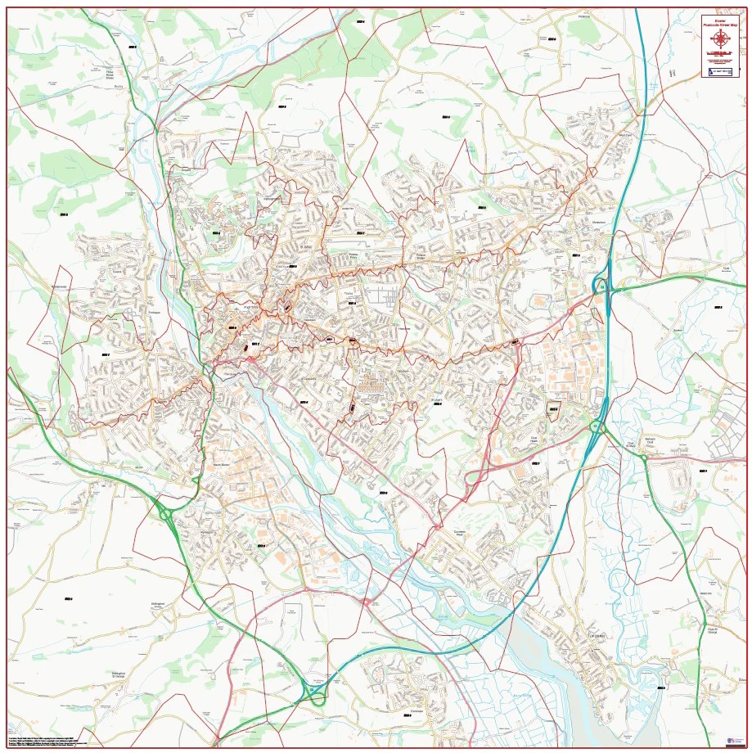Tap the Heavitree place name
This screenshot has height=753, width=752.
pos(403,329)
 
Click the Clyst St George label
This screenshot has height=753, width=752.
pos(712,630)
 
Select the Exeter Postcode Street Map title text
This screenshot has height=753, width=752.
pos(719,21)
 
